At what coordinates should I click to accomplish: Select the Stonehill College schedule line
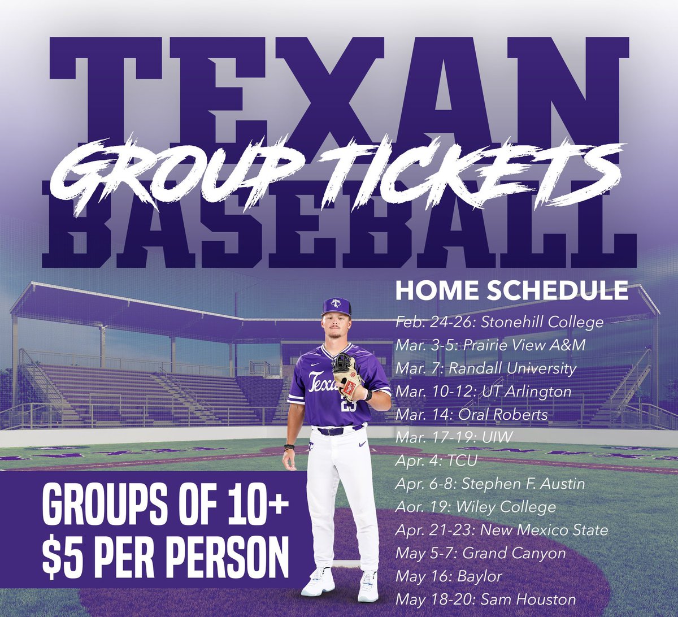(499, 323)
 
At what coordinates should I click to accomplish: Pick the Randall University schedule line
(486, 369)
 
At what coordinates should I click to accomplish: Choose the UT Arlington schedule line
(484, 392)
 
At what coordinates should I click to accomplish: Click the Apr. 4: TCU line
(437, 460)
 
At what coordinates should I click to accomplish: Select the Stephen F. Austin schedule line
(490, 484)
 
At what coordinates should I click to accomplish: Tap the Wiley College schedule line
(476, 507)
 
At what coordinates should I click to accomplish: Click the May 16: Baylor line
(449, 576)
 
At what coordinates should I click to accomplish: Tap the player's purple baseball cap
(336, 306)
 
